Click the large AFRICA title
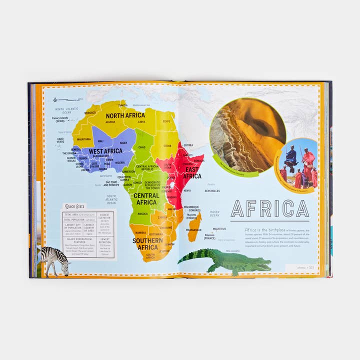pyautogui.click(x=269, y=208)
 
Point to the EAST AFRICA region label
pyautogui.click(x=191, y=172)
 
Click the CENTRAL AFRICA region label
pyautogui.click(x=146, y=198)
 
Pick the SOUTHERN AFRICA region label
pyautogui.click(x=147, y=243)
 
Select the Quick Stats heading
pyautogui.click(x=75, y=205)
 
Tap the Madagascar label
pyautogui.click(x=193, y=230)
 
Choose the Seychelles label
pyautogui.click(x=212, y=190)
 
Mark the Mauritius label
pyautogui.click(x=219, y=229)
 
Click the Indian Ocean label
pyautogui.click(x=214, y=213)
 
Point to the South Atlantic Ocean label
pyautogui.click(x=110, y=199)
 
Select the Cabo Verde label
pyautogui.click(x=60, y=140)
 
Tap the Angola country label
pyautogui.click(x=142, y=213)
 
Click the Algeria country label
pyautogui.click(x=110, y=121)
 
